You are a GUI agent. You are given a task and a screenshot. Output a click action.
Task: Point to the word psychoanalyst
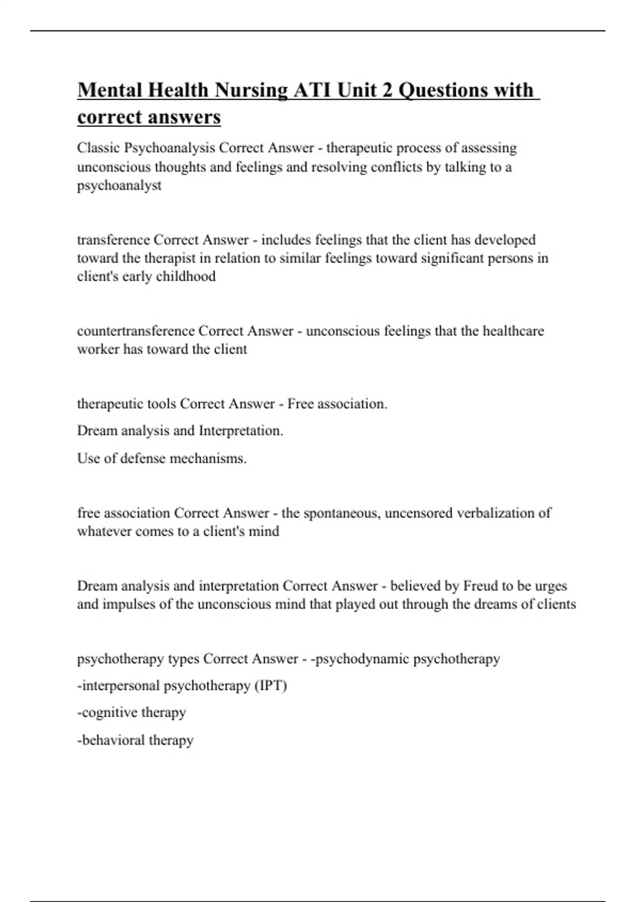click(119, 186)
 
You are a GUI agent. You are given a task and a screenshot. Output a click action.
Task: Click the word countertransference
click(136, 331)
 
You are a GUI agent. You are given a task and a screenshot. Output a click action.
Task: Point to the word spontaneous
click(341, 513)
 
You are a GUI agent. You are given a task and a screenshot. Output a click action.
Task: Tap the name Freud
click(481, 586)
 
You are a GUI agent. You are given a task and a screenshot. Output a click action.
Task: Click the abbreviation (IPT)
click(270, 686)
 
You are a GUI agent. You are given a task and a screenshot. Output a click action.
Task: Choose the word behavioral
click(113, 740)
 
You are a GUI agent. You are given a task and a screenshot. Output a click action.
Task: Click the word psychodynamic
click(361, 659)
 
